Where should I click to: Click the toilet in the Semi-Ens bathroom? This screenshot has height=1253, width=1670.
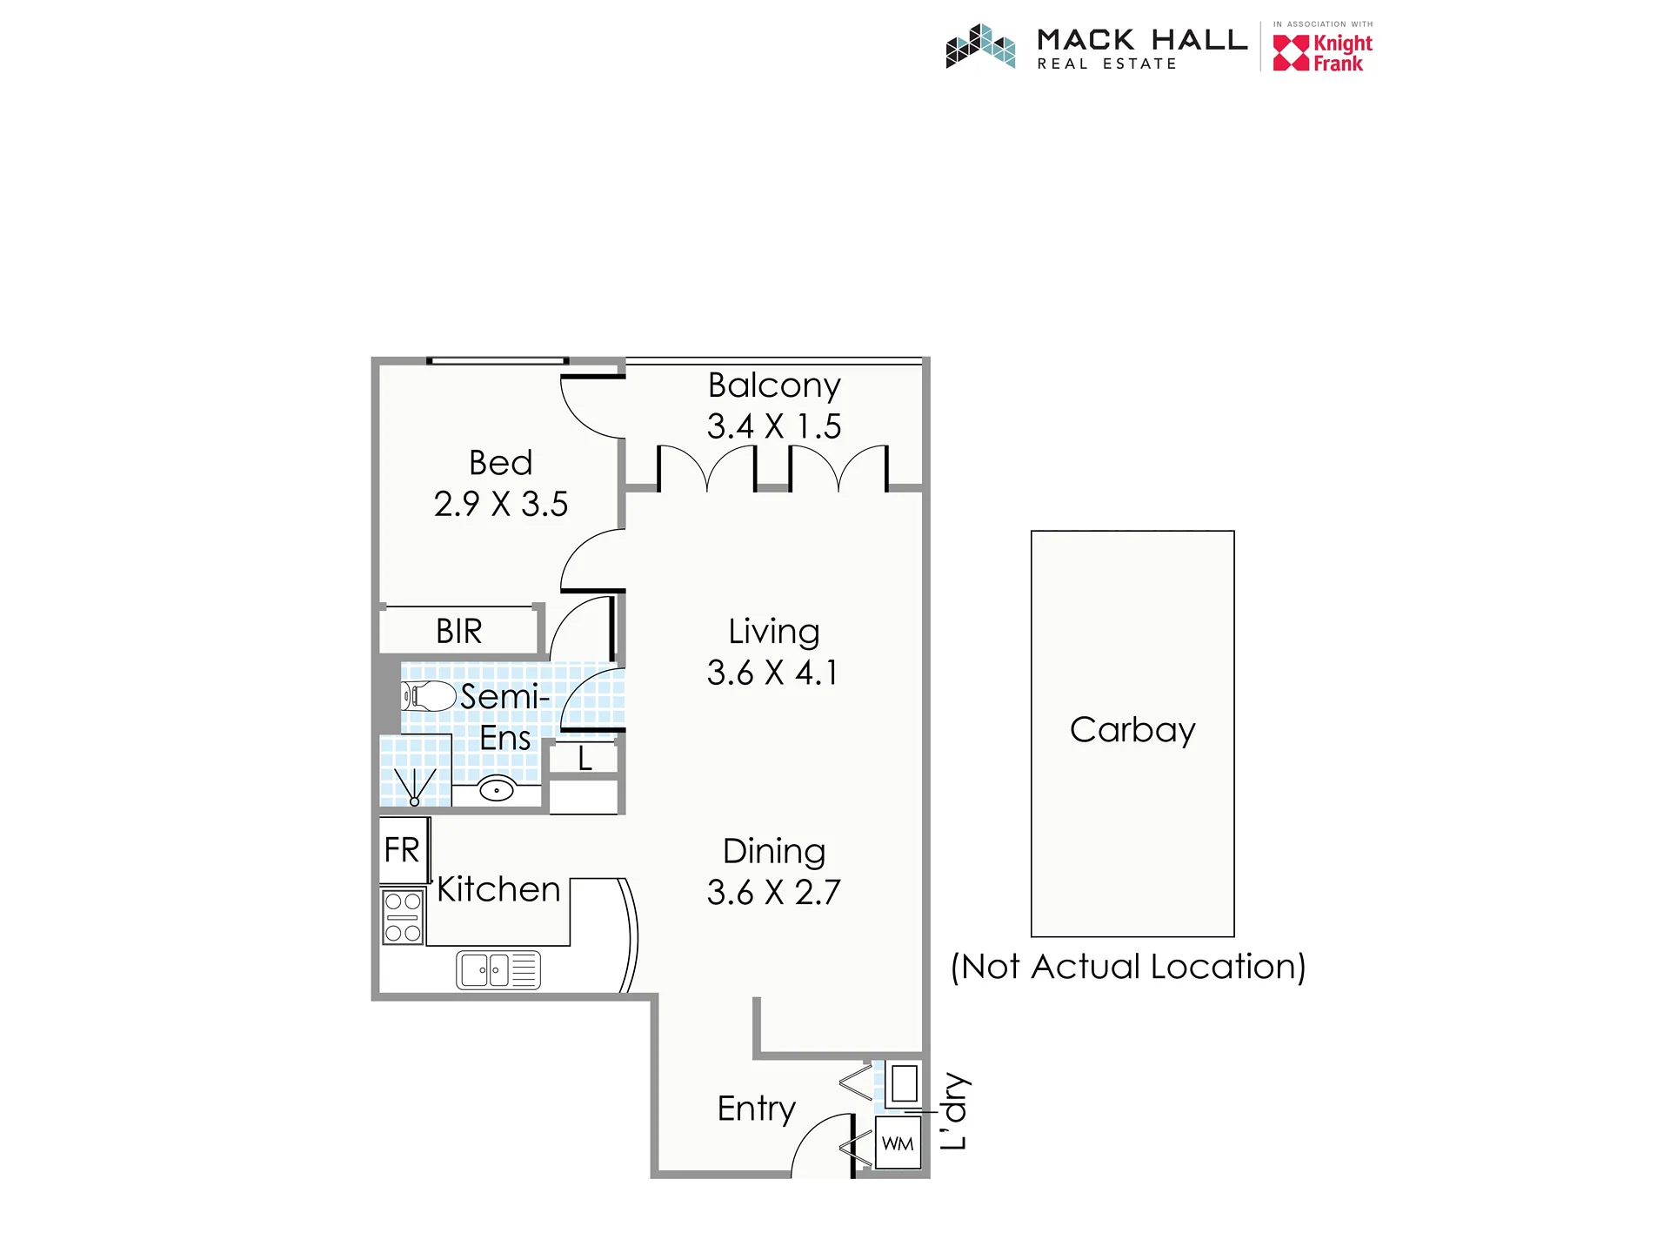tap(429, 696)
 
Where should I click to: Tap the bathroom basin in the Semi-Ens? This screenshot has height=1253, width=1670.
tap(497, 790)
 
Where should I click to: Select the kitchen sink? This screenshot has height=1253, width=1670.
tap(498, 970)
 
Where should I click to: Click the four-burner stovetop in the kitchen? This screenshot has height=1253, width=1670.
tap(403, 917)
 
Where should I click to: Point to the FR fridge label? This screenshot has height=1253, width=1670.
tap(402, 850)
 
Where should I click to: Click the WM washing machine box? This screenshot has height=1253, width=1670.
tap(898, 1143)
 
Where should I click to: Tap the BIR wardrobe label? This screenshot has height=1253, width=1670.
tap(459, 631)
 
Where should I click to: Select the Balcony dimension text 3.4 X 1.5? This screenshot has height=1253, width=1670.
tap(774, 426)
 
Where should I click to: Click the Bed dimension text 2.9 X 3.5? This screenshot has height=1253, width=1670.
tap(501, 504)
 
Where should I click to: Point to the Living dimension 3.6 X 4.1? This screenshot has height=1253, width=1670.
tap(772, 673)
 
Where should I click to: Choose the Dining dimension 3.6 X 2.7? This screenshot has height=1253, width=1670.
tap(774, 893)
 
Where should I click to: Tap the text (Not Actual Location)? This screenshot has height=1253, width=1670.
tap(1128, 967)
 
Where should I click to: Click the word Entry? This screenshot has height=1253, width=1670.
tap(757, 1109)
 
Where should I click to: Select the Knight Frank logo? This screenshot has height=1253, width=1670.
tap(1323, 52)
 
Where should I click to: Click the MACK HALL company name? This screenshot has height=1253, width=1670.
tap(1143, 40)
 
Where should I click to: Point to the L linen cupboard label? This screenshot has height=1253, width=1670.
tap(585, 759)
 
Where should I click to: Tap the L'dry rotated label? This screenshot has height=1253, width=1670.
tap(954, 1111)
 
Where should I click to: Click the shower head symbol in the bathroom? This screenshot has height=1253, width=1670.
tap(415, 787)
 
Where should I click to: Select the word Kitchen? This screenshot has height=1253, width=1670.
tap(498, 890)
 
